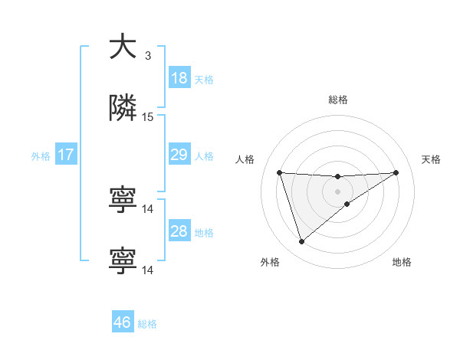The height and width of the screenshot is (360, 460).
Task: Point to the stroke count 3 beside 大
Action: [148, 56]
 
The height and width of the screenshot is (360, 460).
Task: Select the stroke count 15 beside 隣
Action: [148, 117]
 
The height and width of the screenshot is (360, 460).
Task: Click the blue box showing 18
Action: [179, 78]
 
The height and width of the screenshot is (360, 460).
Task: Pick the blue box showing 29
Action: [179, 155]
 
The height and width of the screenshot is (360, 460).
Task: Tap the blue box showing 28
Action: [179, 232]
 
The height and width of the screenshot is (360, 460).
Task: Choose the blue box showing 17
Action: [66, 155]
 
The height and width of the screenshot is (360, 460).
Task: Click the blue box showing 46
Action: [123, 322]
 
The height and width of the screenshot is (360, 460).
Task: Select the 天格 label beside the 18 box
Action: [204, 80]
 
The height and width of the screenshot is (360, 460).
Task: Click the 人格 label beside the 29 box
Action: [204, 156]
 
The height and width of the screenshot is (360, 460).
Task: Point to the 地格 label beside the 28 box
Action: [204, 233]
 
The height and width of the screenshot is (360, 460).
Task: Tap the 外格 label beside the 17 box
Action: [41, 156]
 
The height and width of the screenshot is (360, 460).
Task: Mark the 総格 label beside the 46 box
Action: [147, 324]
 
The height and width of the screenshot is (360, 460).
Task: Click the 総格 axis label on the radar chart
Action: [338, 100]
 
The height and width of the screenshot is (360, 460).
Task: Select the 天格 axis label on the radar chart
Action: [431, 159]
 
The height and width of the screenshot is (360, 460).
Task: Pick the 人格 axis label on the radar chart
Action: [245, 159]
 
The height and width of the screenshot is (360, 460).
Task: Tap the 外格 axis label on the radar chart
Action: [270, 262]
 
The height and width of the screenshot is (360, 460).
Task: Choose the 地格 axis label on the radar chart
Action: [402, 262]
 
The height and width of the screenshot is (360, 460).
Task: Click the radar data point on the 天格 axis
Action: [396, 172]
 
